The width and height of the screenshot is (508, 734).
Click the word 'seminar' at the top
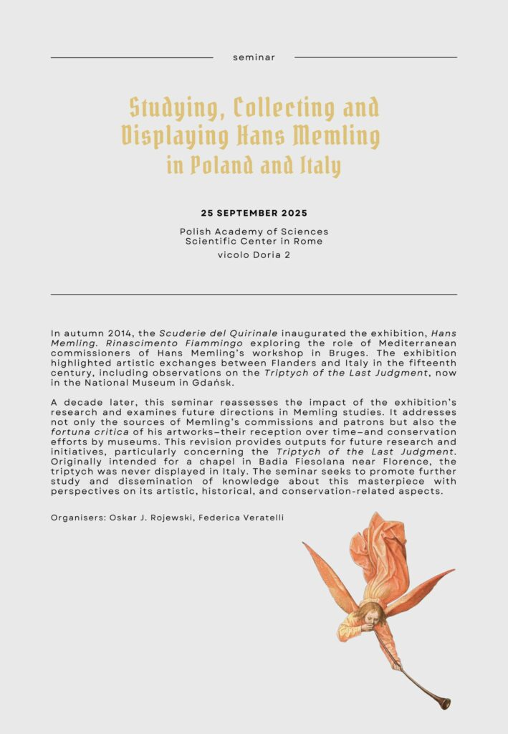coord(254,57)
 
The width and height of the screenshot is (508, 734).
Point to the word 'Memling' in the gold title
coord(340,135)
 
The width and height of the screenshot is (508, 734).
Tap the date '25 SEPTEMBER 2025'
coord(254,214)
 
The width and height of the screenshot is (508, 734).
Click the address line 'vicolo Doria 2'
coord(254,255)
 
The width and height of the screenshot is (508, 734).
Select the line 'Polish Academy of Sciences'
coord(254,232)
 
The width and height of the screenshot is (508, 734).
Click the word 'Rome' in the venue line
coord(308,242)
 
